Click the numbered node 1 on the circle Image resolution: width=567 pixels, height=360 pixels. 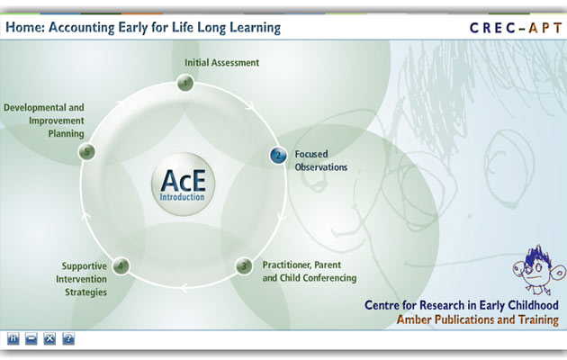[x=185, y=83]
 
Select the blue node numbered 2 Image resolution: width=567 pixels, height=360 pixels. [x=278, y=156]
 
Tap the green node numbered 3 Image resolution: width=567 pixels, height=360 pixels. [x=244, y=266]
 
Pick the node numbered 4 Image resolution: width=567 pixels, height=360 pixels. [x=121, y=266]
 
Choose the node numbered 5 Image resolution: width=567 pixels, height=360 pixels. [x=86, y=152]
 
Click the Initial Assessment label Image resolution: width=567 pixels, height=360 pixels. [x=221, y=62]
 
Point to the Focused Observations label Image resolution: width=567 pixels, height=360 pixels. [x=321, y=160]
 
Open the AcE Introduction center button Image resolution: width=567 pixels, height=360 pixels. [x=183, y=184]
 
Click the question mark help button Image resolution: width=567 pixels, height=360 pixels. [x=68, y=339]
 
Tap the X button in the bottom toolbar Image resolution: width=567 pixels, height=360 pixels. [x=49, y=339]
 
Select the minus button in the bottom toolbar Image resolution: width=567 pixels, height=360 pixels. [x=31, y=339]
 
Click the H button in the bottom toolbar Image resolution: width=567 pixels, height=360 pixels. [x=13, y=339]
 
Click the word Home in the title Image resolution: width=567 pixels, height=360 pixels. [x=23, y=28]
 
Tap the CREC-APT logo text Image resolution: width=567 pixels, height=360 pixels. [x=516, y=28]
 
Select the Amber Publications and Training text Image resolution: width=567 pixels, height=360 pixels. [x=478, y=319]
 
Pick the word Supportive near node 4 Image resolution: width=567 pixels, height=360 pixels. [x=85, y=266]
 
